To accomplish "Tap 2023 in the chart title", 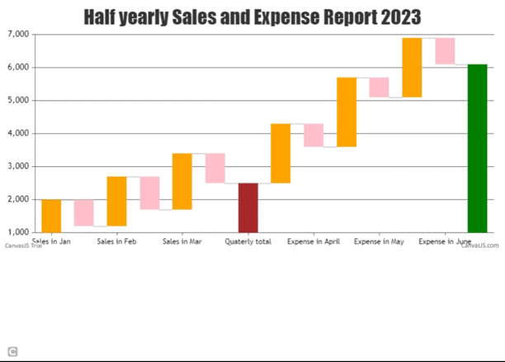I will coord(401,17).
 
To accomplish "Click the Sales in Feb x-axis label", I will coord(117,241).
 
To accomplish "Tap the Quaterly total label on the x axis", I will coord(248,241).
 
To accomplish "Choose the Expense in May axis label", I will coord(379,241).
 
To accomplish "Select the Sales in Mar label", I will coord(182,241).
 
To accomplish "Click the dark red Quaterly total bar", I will coord(248,207).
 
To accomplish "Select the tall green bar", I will coord(477,148).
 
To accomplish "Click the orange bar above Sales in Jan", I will coord(51,216).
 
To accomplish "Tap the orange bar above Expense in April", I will coord(281,153).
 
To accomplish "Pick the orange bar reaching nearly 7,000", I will coord(413,67).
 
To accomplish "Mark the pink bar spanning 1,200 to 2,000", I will coord(84,212).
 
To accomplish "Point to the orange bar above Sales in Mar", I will coord(182,181).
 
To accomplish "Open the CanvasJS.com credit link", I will coord(479,245).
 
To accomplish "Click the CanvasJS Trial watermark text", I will coord(23,245).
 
